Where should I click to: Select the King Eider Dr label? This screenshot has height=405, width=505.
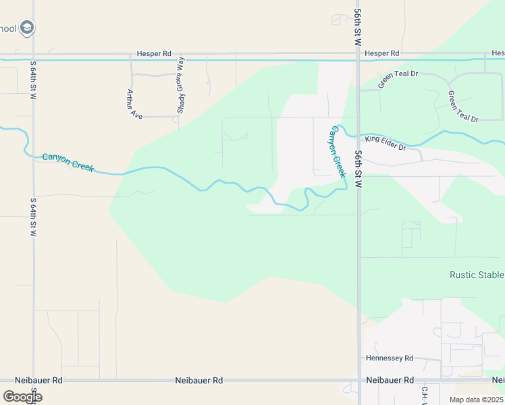(x=386, y=143)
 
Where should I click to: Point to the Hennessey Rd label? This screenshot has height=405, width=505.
(x=389, y=358)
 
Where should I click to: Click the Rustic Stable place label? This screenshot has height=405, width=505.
(x=477, y=275)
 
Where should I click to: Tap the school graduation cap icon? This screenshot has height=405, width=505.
(x=28, y=28)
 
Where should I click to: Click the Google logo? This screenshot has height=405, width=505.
(x=22, y=397)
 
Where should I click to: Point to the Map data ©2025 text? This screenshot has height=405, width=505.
(x=475, y=400)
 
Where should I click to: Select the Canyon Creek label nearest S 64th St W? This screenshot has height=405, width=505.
(x=68, y=162)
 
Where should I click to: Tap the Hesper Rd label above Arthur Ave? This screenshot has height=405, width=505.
(x=154, y=53)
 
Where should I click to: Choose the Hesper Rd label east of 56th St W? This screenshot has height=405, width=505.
(x=381, y=53)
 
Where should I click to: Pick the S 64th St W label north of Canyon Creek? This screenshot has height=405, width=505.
(x=32, y=80)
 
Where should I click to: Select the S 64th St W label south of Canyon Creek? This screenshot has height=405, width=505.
(x=32, y=217)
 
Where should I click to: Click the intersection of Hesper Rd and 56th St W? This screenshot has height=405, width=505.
(x=358, y=53)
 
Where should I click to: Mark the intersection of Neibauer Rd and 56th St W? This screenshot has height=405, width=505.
(x=358, y=381)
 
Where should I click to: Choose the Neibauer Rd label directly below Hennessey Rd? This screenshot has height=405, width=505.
(x=390, y=381)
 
